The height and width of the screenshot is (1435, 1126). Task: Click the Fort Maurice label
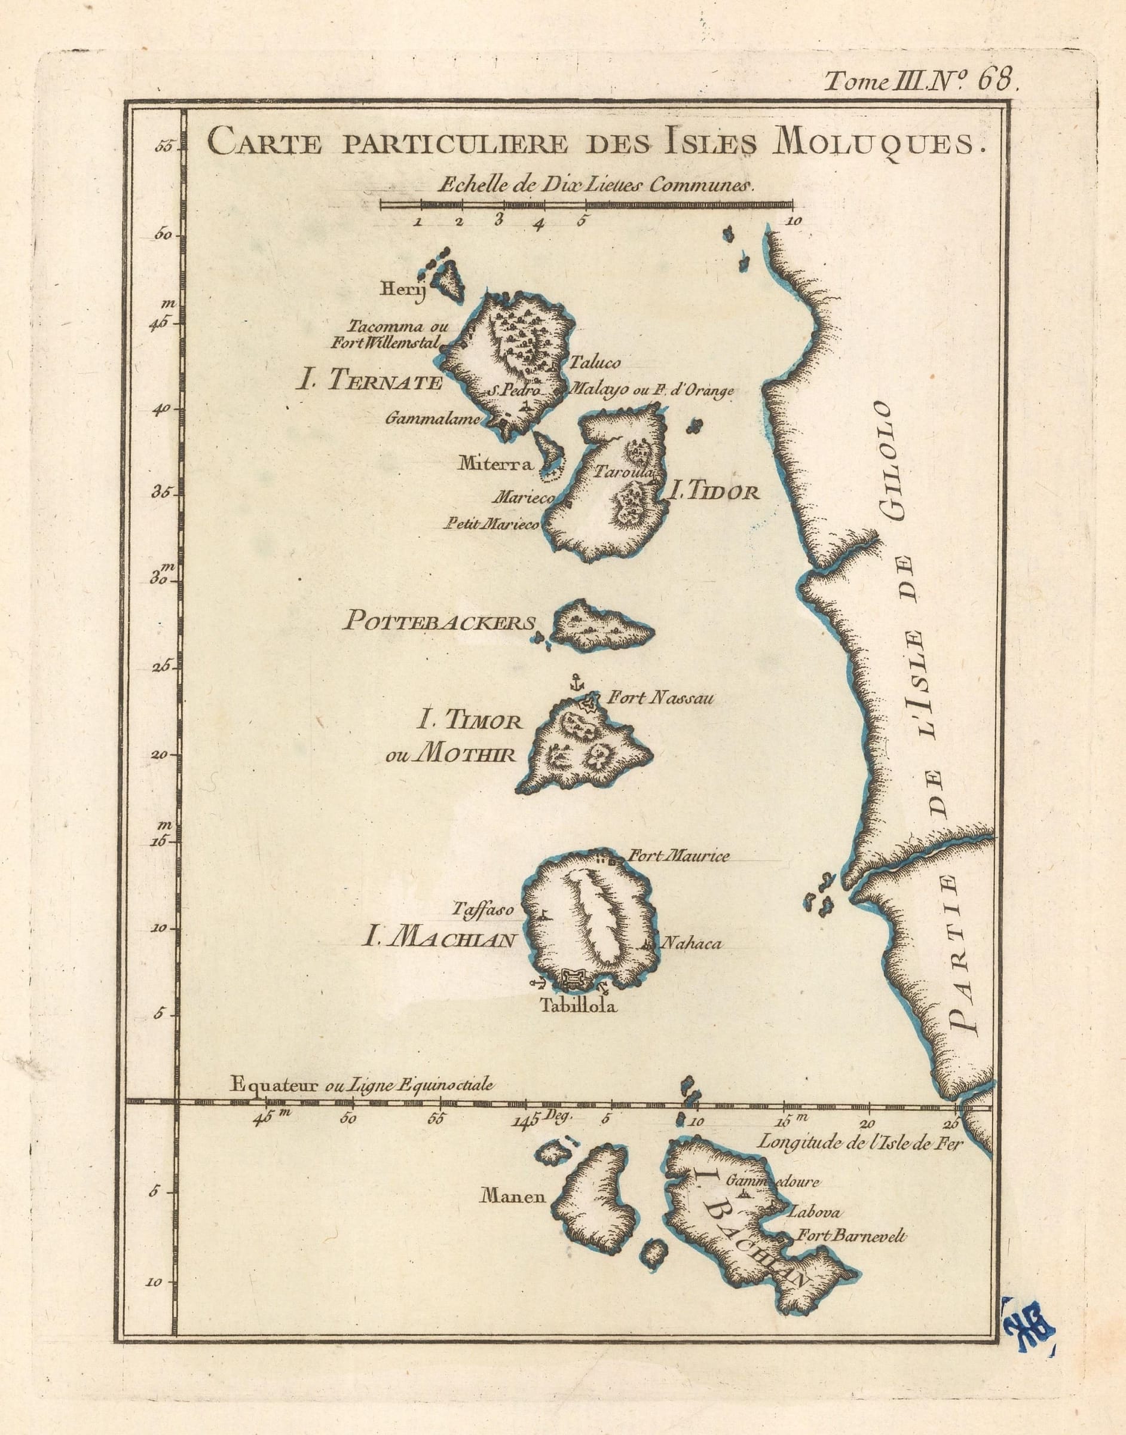click(x=680, y=857)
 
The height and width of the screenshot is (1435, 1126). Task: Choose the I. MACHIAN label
click(x=437, y=940)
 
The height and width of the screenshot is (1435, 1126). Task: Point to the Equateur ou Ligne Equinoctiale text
click(x=361, y=1085)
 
